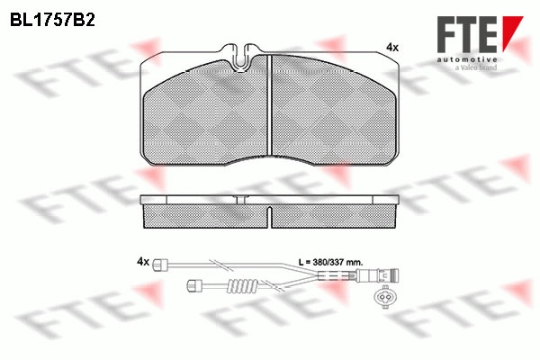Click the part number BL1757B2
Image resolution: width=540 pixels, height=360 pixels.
coord(52,21)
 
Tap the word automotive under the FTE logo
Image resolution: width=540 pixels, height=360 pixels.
coord(467,60)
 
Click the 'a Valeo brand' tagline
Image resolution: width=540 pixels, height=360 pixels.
coord(476,67)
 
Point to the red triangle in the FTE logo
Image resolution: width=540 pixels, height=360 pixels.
coord(512,32)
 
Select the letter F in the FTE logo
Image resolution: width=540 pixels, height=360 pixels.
coord(447,34)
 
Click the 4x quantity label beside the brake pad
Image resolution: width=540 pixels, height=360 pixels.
coord(392,47)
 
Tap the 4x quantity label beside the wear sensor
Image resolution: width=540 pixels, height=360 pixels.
coord(143,262)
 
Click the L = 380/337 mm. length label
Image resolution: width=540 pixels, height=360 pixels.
coord(330,262)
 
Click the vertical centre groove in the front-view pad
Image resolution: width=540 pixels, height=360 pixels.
coord(270,105)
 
